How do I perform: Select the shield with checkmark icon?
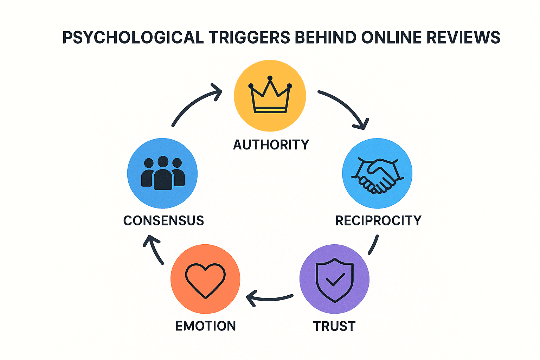[335, 280]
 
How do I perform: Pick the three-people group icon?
[163, 173]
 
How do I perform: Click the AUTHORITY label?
[271, 145]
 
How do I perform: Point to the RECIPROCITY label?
[378, 221]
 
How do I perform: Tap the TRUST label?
[334, 326]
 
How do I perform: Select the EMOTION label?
[205, 326]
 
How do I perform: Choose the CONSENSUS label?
[163, 221]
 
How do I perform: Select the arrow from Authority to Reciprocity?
[346, 107]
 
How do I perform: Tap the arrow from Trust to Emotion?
[269, 298]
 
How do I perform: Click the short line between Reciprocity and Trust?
[373, 245]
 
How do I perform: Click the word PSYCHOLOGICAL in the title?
[133, 38]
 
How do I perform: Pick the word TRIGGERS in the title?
[250, 38]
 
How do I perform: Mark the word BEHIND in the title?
[326, 38]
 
